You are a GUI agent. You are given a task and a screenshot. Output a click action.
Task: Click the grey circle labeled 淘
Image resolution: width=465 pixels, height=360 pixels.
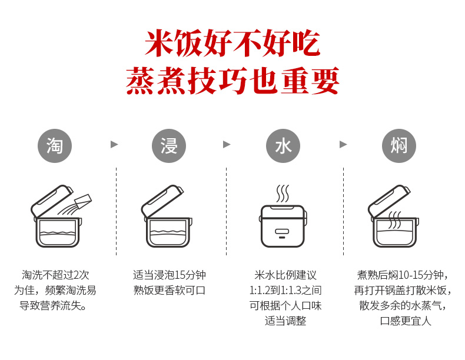point(55,145)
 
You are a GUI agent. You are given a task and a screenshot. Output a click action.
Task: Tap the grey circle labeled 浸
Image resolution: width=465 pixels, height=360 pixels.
point(169,145)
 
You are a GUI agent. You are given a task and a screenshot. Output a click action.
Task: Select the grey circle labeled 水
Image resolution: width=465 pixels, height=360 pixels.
point(283,145)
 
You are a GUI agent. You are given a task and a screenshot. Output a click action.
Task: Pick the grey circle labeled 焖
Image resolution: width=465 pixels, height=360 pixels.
point(398,145)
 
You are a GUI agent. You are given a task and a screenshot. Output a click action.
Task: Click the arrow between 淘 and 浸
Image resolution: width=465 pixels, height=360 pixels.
point(114,145)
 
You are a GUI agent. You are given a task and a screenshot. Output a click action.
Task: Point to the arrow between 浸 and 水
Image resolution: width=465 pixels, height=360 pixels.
point(227,145)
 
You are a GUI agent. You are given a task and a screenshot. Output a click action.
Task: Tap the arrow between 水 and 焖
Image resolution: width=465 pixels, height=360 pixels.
point(343,145)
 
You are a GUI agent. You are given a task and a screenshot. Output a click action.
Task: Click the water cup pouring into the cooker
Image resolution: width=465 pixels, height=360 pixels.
point(83,202)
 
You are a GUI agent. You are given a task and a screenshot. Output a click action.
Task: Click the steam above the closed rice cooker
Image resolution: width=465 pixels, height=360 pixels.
point(283,194)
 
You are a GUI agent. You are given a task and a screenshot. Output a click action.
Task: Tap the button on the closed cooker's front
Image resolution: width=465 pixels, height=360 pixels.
point(282,231)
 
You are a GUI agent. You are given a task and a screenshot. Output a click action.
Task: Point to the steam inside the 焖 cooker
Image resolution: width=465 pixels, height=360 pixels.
point(395,220)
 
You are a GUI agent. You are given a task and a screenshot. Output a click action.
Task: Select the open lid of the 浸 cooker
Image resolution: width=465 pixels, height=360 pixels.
point(162,202)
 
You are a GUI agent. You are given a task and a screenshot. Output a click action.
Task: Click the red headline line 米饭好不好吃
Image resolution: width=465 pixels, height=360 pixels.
point(232,44)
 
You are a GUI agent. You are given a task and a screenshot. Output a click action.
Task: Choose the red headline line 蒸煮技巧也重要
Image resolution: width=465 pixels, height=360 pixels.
point(232,81)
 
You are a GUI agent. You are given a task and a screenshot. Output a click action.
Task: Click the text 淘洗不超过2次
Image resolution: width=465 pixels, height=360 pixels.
point(55,275)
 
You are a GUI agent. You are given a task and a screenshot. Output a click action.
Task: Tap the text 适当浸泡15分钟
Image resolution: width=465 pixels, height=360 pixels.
point(170,275)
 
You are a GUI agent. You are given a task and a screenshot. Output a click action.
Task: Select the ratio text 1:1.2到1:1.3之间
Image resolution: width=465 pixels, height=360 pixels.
point(285,291)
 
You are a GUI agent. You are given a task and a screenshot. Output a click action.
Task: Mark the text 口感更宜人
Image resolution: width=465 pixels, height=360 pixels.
point(406,321)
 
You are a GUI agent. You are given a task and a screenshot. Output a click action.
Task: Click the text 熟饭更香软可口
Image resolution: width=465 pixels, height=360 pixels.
point(170,291)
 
